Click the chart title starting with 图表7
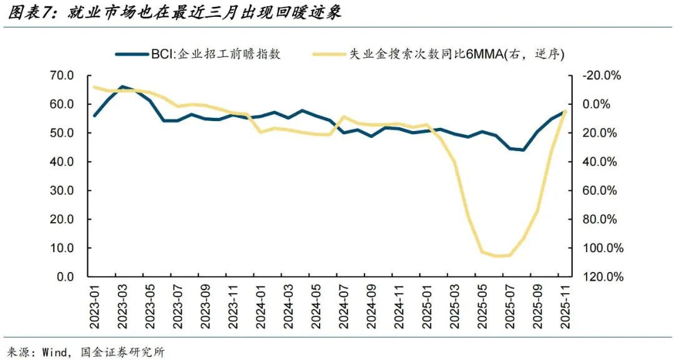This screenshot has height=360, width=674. (175, 12)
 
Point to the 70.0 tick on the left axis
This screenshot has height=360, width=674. (61, 75)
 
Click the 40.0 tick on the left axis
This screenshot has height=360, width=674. (61, 162)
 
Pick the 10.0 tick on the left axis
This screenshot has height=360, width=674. (61, 248)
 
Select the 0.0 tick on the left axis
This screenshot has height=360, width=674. (65, 277)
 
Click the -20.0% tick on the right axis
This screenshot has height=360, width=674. (602, 75)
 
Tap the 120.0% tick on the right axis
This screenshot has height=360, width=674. (602, 277)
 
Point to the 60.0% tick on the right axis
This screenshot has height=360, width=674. (602, 191)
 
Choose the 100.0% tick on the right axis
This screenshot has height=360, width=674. (602, 248)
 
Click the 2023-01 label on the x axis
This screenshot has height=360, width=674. (95, 306)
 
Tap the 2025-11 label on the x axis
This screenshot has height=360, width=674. (565, 306)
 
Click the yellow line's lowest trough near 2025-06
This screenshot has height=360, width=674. (497, 256)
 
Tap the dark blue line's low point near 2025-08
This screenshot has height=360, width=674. (523, 150)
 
